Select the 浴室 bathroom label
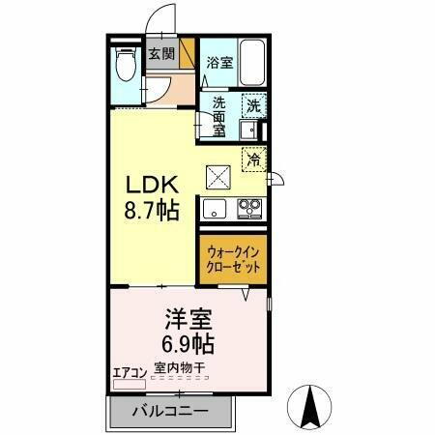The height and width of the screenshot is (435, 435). (x=219, y=63)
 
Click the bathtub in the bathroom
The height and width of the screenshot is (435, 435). (x=252, y=64)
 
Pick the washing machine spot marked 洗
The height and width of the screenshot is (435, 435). (x=252, y=105)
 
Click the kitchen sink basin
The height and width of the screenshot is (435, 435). (x=214, y=208)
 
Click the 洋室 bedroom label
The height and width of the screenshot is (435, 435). (x=186, y=318)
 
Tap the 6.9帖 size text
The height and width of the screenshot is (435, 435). (x=186, y=342)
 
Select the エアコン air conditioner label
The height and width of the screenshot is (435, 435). (x=129, y=369)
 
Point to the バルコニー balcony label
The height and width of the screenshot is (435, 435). (x=170, y=410)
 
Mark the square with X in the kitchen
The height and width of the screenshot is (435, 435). (x=217, y=176)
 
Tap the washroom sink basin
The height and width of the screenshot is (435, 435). (x=248, y=130)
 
